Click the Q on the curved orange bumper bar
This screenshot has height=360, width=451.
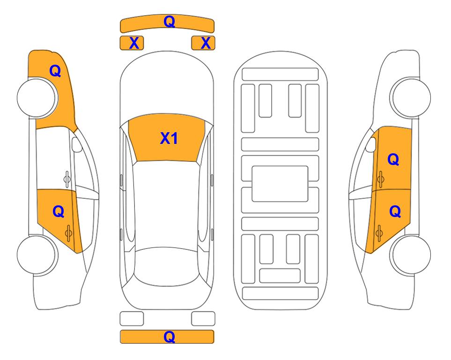tap(169, 22)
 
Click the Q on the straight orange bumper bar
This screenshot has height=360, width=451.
tap(169, 337)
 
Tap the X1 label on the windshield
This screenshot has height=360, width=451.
tap(169, 138)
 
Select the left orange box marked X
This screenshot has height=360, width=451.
tap(132, 43)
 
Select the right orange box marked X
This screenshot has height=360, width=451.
tap(203, 43)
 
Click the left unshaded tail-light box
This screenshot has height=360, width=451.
tap(132, 319)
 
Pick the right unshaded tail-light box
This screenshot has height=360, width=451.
tap(203, 319)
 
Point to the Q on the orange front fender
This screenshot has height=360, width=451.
tap(55, 71)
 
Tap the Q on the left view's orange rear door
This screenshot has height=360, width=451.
tap(59, 212)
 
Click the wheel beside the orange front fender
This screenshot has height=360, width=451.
tap(37, 97)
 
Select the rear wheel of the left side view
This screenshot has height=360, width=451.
tap(37, 255)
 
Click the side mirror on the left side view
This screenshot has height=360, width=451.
tap(77, 144)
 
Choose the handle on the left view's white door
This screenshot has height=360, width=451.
tap(67, 179)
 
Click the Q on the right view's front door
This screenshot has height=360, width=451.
tap(393, 159)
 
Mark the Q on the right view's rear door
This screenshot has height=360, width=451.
tap(395, 212)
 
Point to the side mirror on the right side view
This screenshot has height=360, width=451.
tap(371, 144)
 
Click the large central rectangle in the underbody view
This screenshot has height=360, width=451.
tap(280, 184)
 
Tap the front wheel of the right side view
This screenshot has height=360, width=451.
tap(410, 97)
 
